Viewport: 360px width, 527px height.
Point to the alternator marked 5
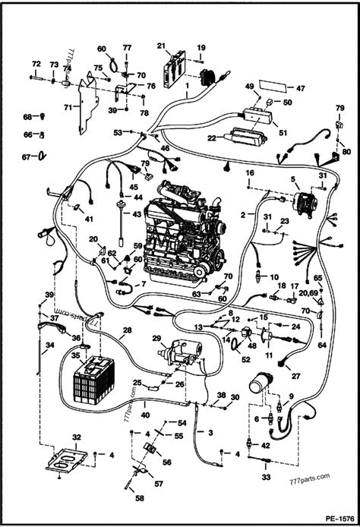pyautogui.click(x=299, y=198)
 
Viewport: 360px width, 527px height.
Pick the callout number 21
pyautogui.click(x=161, y=46)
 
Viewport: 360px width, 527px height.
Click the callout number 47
pyautogui.click(x=300, y=88)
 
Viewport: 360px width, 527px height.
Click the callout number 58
pyautogui.click(x=138, y=498)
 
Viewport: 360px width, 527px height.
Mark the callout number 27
pyautogui.click(x=295, y=376)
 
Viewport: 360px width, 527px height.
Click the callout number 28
pyautogui.click(x=128, y=330)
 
